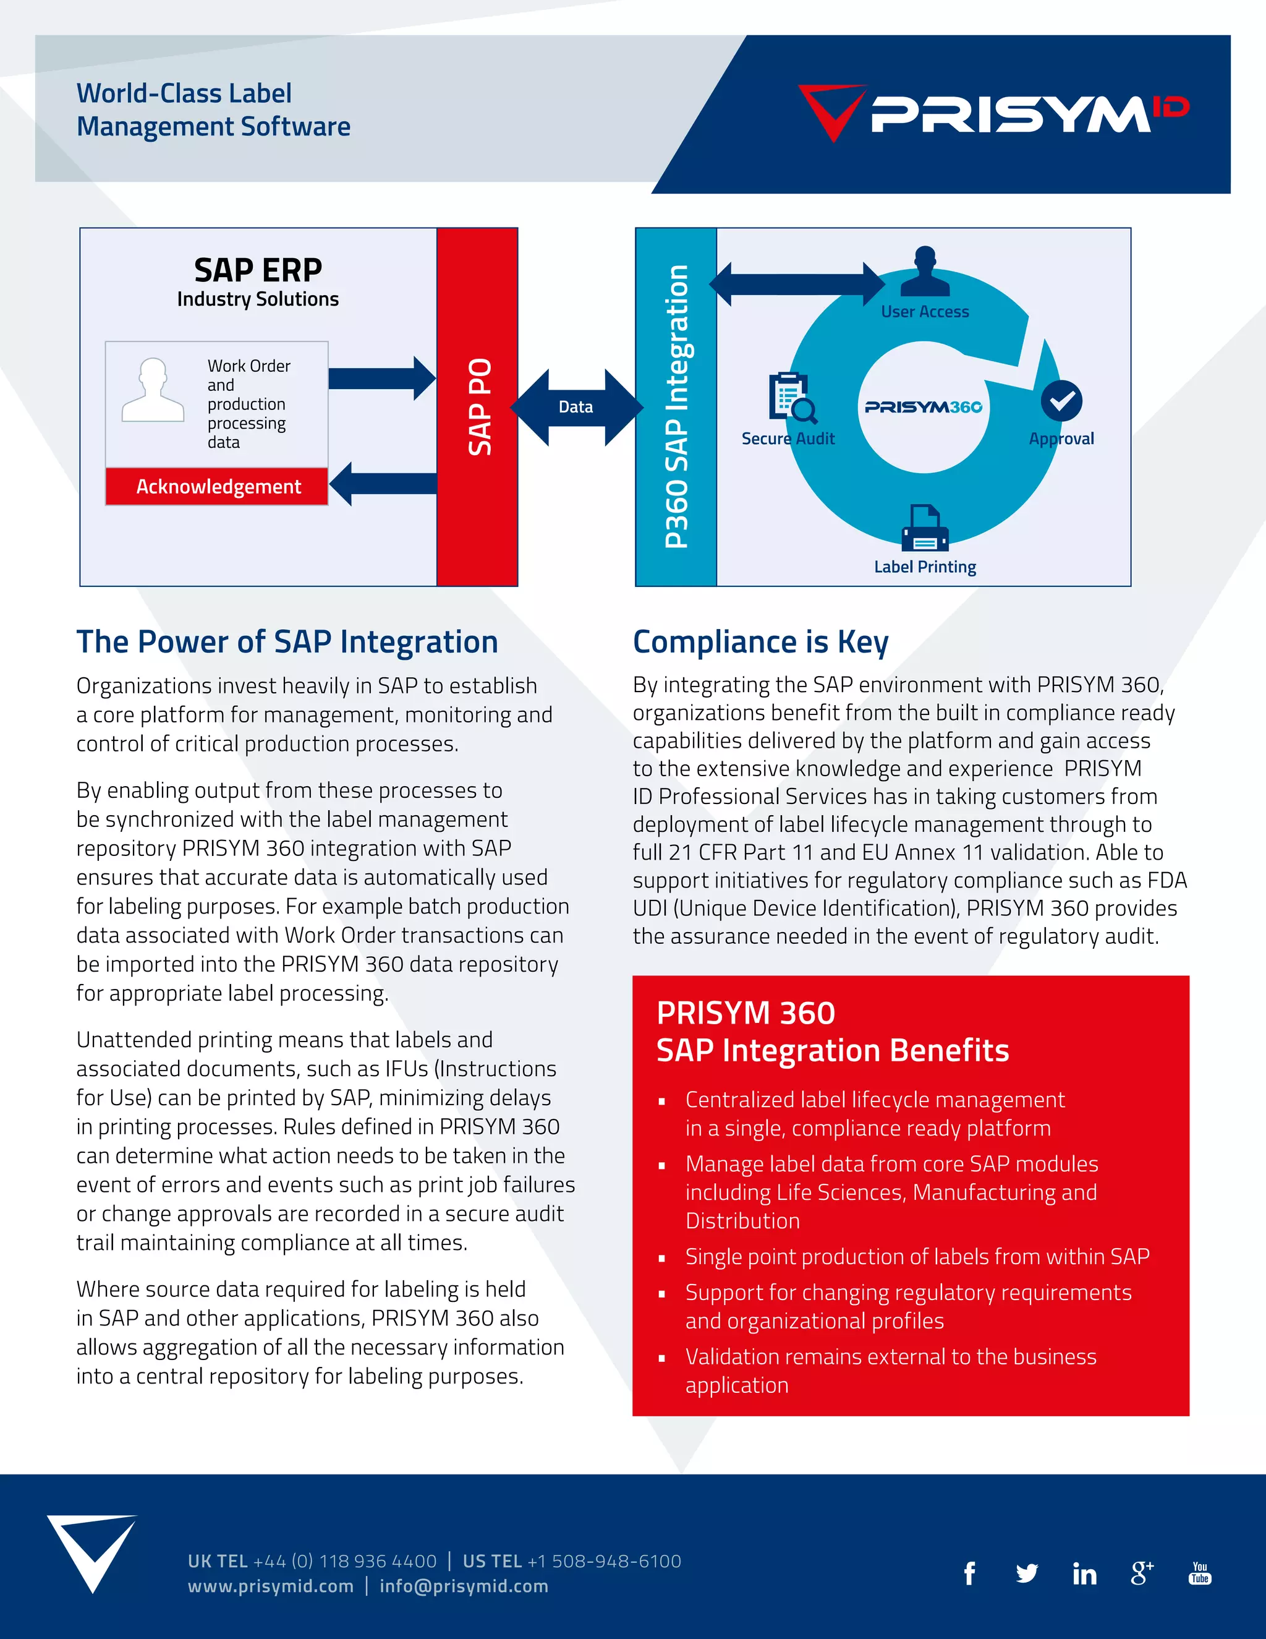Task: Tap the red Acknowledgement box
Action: [x=218, y=486]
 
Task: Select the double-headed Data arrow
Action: [x=576, y=408]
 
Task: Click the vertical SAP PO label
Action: [x=479, y=407]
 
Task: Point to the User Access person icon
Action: [x=925, y=272]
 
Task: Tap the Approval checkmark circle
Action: [x=1061, y=401]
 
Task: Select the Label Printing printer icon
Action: [x=925, y=528]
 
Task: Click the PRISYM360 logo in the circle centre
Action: [x=924, y=408]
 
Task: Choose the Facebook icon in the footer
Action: [x=970, y=1573]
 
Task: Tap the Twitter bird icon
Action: [x=1027, y=1573]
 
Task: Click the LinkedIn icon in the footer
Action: [x=1084, y=1573]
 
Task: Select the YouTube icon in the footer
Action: [x=1200, y=1573]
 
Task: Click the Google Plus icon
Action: [x=1142, y=1573]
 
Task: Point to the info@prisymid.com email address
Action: [x=464, y=1586]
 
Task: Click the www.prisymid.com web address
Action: [x=271, y=1586]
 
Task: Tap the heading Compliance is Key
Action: [x=760, y=643]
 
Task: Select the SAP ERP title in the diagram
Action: [x=258, y=270]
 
